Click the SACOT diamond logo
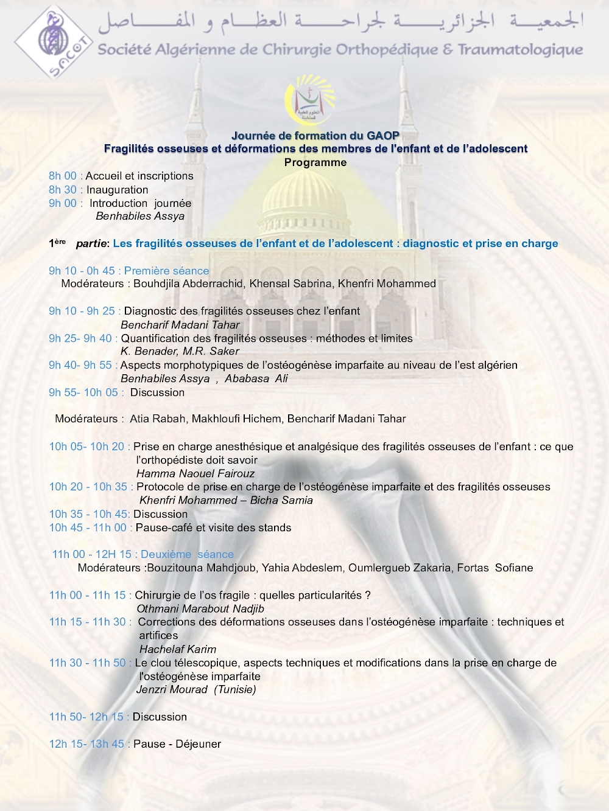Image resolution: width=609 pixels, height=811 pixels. tap(53, 41)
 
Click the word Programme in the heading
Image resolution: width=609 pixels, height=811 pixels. tap(315, 162)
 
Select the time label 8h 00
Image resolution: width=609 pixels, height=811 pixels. tap(63, 176)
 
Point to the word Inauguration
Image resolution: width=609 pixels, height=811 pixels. tap(117, 190)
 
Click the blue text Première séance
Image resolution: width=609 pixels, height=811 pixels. tap(166, 271)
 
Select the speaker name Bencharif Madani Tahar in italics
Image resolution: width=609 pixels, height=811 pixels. tap(180, 325)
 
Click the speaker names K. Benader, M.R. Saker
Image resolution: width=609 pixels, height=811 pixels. tap(180, 351)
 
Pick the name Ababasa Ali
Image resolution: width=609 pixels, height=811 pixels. tap(256, 378)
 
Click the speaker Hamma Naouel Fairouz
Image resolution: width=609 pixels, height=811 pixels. tap(195, 473)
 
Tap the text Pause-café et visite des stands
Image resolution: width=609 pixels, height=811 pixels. tap(213, 527)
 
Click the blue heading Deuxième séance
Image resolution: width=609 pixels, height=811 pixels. tap(187, 554)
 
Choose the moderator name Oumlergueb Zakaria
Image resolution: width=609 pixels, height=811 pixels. tap(400, 568)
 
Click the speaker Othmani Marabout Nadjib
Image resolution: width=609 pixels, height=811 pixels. tap(200, 608)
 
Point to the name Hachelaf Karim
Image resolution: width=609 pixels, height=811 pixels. tap(178, 649)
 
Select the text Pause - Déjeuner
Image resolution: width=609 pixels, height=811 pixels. tap(177, 744)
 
